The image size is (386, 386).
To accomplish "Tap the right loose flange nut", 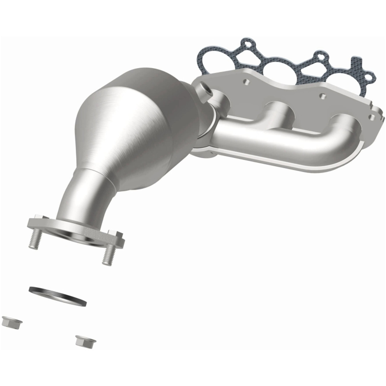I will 86,341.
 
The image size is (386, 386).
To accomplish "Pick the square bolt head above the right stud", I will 115,233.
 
